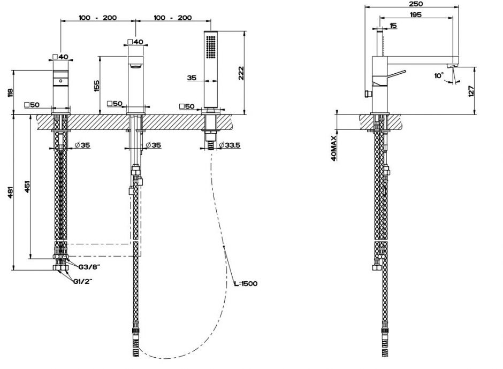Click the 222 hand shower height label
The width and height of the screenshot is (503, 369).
click(242, 73)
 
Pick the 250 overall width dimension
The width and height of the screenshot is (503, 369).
click(417, 3)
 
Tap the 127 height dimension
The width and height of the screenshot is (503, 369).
click(471, 90)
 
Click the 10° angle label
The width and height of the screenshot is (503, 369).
click(439, 76)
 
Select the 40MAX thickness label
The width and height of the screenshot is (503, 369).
click(333, 148)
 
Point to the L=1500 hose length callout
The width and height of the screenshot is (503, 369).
click(247, 283)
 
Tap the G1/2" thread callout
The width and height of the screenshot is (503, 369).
click(85, 282)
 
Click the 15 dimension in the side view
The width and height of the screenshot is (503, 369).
click(393, 25)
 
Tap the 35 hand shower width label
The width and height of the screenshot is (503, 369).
click(193, 78)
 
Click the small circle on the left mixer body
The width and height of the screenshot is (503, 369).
click(60, 81)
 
